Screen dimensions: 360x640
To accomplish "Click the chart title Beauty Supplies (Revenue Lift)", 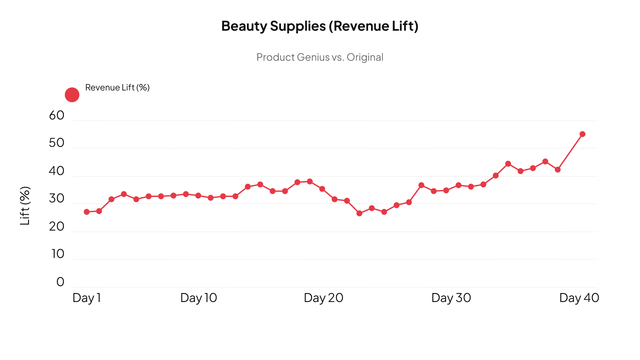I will pos(320,26).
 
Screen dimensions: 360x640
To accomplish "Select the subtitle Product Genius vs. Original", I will pos(320,57).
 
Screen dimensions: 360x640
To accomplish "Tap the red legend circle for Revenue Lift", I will pos(72,95).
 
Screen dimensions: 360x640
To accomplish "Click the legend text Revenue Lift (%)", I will pos(117,88).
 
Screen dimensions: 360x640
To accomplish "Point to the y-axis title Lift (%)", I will pos(25,206).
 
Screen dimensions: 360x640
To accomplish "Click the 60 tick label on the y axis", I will pos(57,115).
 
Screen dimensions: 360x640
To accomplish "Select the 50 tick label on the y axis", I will pos(57,143).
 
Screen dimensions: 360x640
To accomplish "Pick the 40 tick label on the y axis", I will pos(57,171).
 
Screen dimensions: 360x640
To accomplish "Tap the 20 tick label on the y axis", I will pos(57,227).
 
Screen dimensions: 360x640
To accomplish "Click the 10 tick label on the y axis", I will pos(58,254).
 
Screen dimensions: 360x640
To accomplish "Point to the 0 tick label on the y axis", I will pos(60,282).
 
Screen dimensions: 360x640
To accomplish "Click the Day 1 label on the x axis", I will pos(87,298).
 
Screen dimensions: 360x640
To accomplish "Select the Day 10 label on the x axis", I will pos(199,298).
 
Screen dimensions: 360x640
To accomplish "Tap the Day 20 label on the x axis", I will pos(323,298).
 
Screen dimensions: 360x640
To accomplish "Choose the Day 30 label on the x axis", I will pos(451,298).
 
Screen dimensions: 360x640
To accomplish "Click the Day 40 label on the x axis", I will pos(579,298).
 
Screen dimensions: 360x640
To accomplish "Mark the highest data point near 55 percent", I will pos(582,134).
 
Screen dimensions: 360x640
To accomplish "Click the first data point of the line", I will pos(87,212).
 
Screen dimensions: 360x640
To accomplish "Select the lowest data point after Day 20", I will pos(359,213).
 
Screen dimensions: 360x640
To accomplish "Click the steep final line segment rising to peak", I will pos(570,152).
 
